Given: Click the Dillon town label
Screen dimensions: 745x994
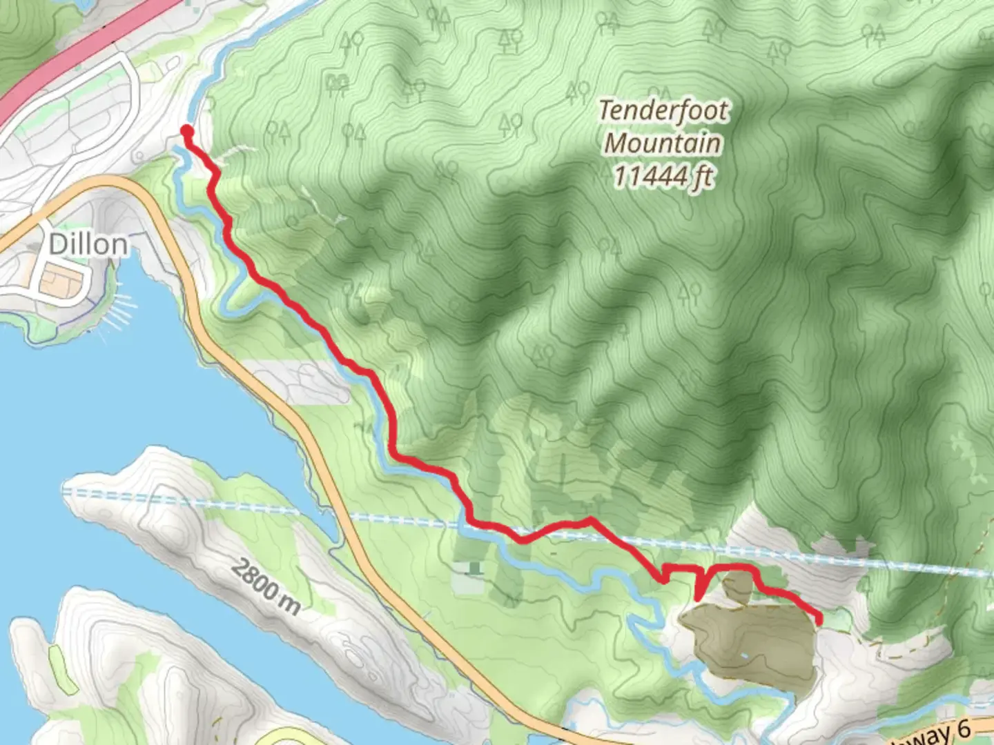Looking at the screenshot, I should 88,244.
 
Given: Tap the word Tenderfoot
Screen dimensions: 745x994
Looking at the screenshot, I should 663,110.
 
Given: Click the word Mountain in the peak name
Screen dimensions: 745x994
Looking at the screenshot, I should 663,143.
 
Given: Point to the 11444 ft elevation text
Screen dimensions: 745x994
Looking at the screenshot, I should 663,177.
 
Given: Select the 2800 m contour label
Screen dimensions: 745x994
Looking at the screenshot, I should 265,587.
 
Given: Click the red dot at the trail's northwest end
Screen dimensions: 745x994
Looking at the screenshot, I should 186,130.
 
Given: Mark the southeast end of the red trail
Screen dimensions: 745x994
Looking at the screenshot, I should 819,621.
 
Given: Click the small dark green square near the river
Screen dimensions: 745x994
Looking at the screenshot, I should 474,568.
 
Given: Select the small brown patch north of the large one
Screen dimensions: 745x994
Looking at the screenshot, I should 739,586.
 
